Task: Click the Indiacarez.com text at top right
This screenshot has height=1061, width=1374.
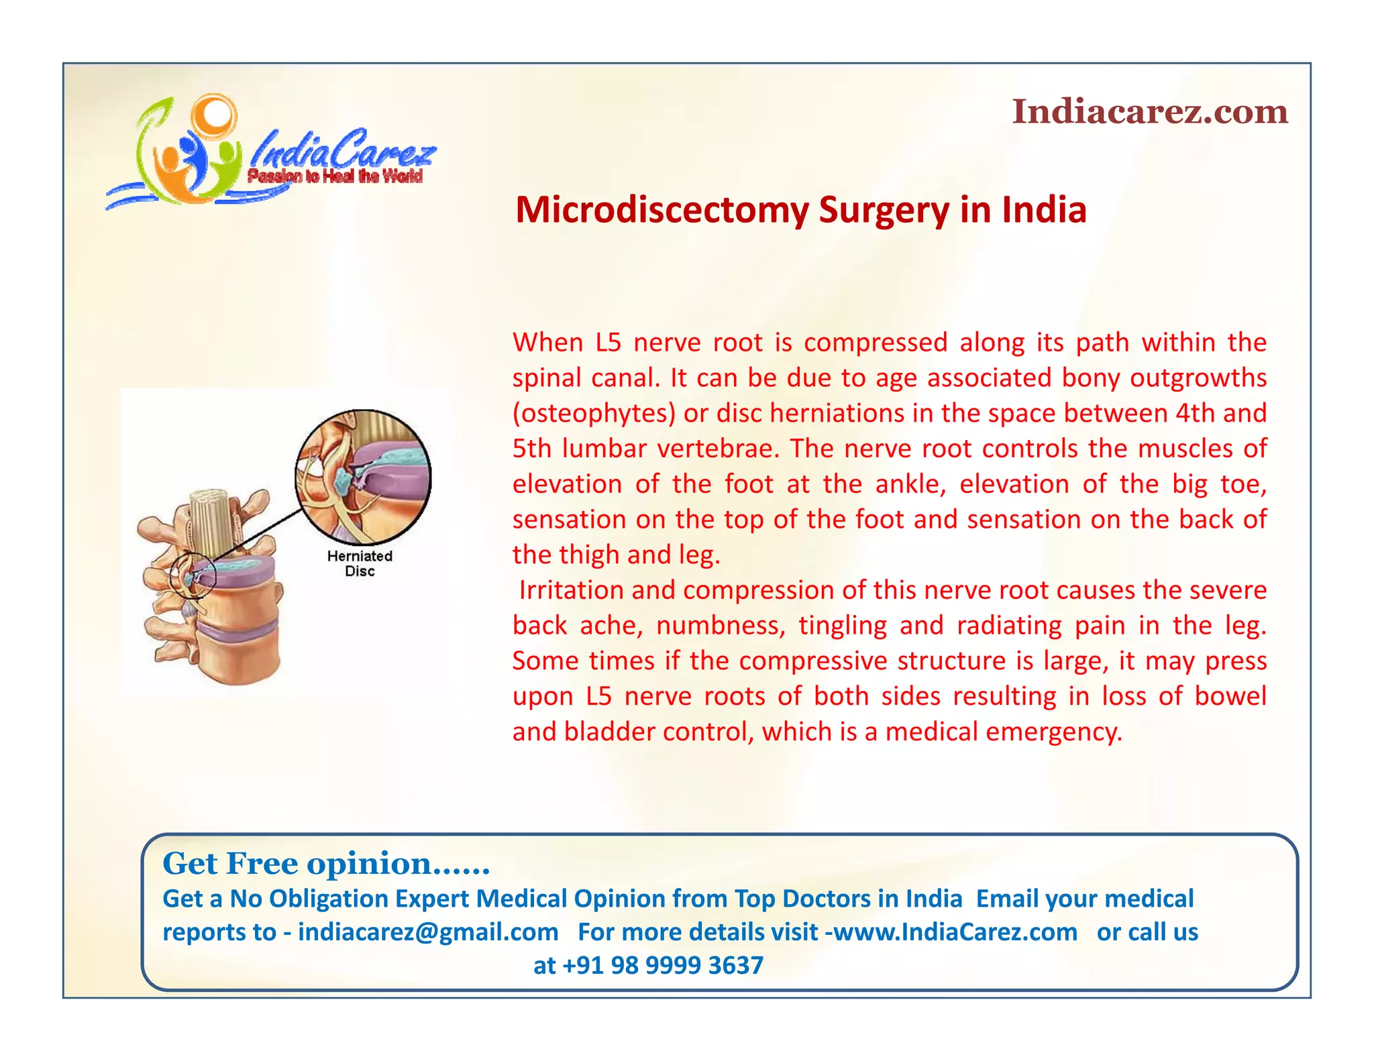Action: pos(1149,111)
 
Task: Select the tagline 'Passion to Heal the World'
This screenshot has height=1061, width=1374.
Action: pos(335,176)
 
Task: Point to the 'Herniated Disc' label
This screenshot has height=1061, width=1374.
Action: pos(360,563)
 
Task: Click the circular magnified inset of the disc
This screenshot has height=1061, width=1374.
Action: pos(363,476)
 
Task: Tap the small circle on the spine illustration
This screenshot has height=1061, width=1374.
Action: pos(193,575)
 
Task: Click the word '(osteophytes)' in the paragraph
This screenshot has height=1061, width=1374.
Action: pos(594,413)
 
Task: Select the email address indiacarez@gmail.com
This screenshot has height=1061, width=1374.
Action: pos(428,932)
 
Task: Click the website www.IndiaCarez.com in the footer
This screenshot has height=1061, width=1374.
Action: pos(955,932)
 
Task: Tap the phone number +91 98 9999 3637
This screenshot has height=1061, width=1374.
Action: pos(662,965)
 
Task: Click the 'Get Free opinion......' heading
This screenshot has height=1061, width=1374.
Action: pos(326,863)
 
